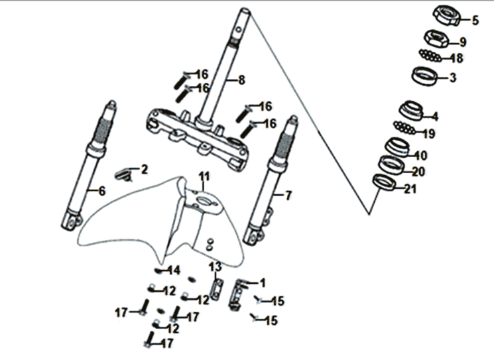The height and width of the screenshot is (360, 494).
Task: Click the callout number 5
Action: pos(475,21)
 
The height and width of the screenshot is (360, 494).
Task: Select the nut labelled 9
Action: pos(436,38)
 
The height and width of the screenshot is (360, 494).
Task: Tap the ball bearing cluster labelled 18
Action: pos(430,56)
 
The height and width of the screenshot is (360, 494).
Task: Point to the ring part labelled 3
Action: pos(425,76)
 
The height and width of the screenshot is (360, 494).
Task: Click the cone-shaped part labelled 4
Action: pos(411,111)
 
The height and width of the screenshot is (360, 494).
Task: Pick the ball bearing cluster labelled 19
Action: pos(404,127)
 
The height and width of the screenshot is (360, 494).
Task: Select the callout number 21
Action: pos(410,189)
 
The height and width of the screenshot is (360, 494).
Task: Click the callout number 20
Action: pos(418,172)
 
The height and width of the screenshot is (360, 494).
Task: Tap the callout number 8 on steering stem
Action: pos(241,80)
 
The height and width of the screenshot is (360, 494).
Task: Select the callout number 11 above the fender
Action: pos(204,176)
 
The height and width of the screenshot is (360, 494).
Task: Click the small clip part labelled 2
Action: pos(123,175)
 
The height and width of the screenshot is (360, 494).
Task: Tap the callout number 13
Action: pos(216,267)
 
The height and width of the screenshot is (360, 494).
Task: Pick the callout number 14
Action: pos(174,270)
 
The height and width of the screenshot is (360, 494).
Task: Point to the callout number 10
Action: pos(421,155)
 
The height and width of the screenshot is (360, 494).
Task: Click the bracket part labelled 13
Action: pos(216,289)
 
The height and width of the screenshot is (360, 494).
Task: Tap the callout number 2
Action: pos(145,170)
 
